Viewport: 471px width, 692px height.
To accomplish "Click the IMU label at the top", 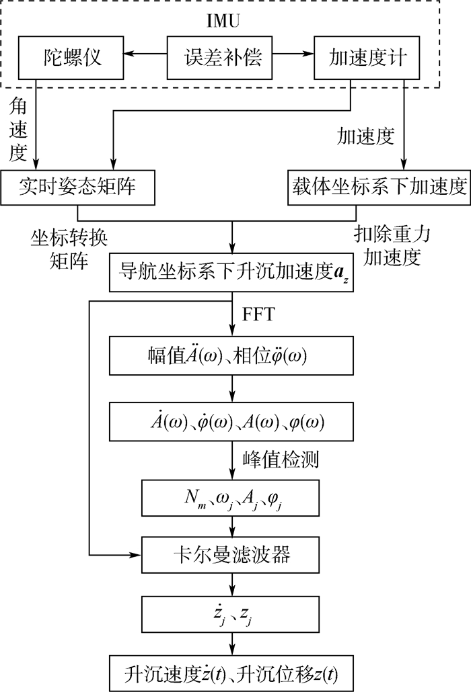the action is tap(223, 21).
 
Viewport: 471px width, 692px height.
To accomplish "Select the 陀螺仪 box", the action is tap(71, 58).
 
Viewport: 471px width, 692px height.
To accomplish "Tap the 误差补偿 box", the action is tap(219, 58).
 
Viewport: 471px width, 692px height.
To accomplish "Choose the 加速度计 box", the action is tap(367, 58).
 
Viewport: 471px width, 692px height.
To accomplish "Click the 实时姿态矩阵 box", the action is tap(78, 187).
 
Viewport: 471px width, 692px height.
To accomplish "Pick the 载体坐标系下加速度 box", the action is tap(379, 187).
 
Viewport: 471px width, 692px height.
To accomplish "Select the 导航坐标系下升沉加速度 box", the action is tap(231, 272).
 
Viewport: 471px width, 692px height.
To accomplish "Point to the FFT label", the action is tap(258, 314).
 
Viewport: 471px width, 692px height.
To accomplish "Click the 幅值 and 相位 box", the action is tap(231, 355).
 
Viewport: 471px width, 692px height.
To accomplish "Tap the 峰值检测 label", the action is tap(281, 460).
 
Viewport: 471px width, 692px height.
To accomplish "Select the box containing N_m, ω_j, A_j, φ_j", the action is tap(230, 499).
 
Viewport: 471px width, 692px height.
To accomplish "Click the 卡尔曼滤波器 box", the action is tap(230, 555).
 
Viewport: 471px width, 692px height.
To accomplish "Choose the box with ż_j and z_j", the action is tap(230, 614).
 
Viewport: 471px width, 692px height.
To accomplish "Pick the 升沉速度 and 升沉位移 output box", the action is tap(231, 673).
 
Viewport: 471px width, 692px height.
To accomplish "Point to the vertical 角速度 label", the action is tap(18, 129).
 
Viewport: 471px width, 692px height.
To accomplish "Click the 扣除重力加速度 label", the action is tap(392, 246).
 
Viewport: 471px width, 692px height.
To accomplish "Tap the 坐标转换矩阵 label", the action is tap(69, 250).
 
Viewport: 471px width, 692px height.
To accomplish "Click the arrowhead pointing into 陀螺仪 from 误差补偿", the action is tap(129, 54).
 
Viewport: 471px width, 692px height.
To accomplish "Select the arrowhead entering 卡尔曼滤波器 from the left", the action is tap(136, 555).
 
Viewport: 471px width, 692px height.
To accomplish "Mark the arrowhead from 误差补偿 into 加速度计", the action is tap(309, 54).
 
